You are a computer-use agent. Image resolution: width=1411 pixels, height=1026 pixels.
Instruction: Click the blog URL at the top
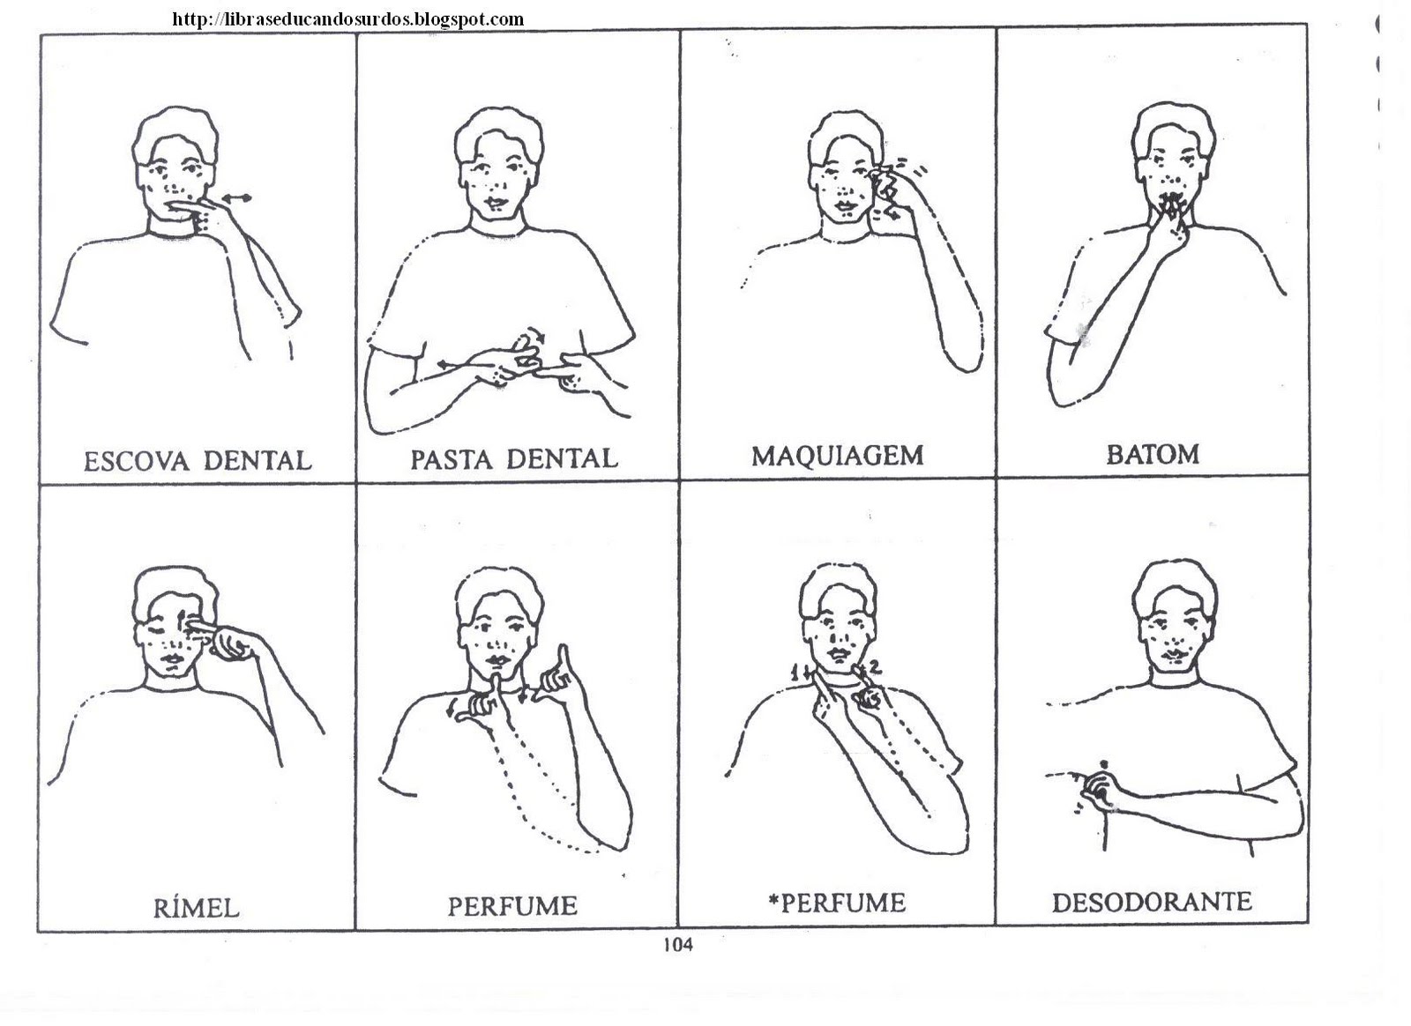pyautogui.click(x=347, y=19)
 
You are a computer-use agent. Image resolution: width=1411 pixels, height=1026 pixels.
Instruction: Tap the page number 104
pyautogui.click(x=678, y=944)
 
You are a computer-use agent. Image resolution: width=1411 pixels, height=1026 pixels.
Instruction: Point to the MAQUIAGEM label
pyautogui.click(x=837, y=456)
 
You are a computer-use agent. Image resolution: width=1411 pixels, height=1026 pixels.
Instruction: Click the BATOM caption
pyautogui.click(x=1153, y=454)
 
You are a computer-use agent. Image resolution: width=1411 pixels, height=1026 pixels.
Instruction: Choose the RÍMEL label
pyautogui.click(x=197, y=908)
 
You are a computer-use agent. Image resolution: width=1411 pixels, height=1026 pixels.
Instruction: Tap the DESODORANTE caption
pyautogui.click(x=1152, y=902)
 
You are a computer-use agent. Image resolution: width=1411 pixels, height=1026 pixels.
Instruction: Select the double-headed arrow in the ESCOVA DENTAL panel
pyautogui.click(x=235, y=198)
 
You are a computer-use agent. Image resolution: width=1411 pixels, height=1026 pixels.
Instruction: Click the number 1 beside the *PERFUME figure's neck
pyautogui.click(x=795, y=673)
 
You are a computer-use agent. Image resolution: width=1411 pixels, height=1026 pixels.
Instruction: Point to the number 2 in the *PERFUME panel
pyautogui.click(x=876, y=666)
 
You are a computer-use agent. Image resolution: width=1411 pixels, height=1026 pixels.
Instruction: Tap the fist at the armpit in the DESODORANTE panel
pyautogui.click(x=1097, y=792)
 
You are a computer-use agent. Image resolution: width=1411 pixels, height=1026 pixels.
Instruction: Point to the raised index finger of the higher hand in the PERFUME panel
pyautogui.click(x=564, y=660)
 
